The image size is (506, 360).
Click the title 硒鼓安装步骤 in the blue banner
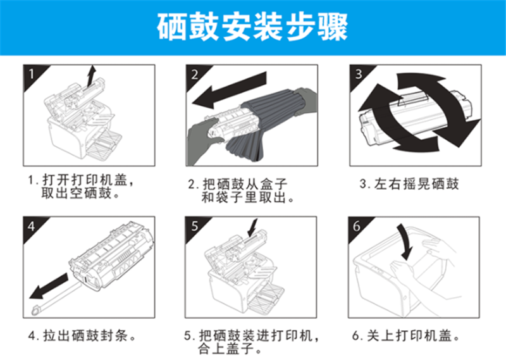252,27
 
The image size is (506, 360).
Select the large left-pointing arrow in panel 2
229,90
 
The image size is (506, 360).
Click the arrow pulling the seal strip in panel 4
49,287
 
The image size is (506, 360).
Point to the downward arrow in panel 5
252,228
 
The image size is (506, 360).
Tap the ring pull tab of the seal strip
35,311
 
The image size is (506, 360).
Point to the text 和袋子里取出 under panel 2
244,197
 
